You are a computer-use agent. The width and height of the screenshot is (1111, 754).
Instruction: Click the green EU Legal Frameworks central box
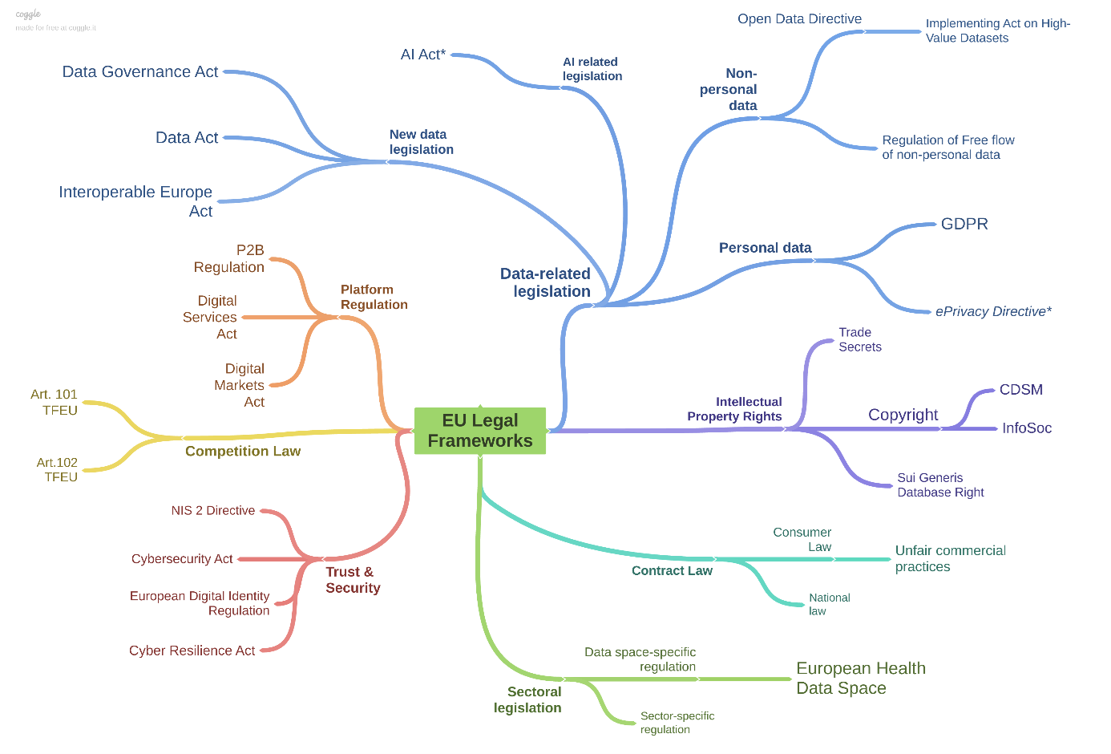point(479,431)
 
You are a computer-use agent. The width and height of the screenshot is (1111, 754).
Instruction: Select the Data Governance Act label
point(140,72)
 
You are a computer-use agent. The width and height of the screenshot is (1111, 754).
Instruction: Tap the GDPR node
point(964,225)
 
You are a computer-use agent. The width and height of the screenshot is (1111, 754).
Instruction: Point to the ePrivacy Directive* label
point(993,312)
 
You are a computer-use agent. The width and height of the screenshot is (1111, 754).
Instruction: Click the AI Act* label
point(423,55)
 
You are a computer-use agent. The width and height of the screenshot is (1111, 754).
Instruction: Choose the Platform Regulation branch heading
point(374,297)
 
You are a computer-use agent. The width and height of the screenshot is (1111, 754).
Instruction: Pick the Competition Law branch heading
point(243,452)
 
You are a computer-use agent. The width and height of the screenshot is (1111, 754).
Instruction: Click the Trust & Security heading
point(353,580)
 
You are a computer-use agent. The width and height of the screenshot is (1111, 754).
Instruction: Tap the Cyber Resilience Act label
point(192,651)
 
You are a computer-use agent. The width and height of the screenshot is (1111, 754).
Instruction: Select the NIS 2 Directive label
point(213,511)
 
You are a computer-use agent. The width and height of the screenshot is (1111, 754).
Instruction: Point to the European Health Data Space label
point(860,679)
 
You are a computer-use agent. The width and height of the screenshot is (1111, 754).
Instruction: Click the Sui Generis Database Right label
point(940,485)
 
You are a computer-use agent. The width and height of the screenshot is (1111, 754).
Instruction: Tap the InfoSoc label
point(1027,428)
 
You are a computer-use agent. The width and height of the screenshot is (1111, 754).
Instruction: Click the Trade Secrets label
point(859,340)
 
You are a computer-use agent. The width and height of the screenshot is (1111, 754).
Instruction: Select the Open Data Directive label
point(799,19)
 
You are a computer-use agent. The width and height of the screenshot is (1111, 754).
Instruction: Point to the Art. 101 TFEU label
point(55,403)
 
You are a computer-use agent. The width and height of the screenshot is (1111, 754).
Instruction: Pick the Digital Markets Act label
point(240,386)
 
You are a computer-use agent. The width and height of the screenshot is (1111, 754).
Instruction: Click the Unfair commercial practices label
point(950,559)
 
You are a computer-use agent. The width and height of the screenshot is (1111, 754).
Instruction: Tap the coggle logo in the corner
point(28,14)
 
